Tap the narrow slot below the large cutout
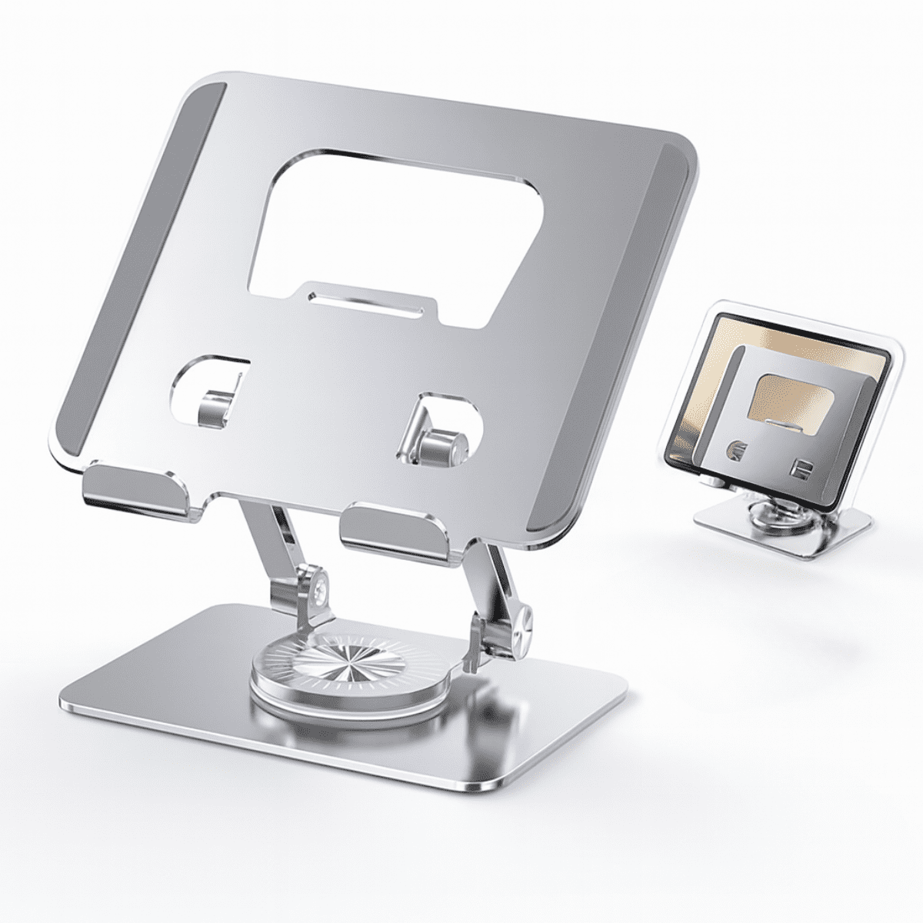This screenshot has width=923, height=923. [368, 302]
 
